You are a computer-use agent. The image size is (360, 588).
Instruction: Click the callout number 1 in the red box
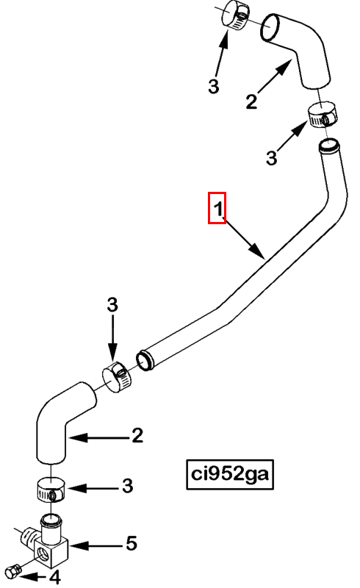(x=218, y=209)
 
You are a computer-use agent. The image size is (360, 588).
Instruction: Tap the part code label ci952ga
(x=230, y=474)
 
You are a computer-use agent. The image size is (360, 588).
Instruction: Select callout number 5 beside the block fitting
(x=132, y=543)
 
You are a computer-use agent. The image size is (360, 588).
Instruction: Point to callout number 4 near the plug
(x=55, y=578)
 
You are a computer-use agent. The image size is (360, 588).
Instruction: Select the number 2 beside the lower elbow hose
(x=137, y=435)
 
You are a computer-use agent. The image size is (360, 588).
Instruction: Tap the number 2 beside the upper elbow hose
(x=251, y=101)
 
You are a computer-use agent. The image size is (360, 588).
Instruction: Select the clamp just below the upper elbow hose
(x=322, y=115)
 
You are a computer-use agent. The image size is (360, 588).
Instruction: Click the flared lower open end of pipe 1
(x=145, y=361)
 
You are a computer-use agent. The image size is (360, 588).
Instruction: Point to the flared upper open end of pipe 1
(x=329, y=145)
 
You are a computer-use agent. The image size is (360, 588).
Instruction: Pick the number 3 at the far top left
(x=213, y=86)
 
